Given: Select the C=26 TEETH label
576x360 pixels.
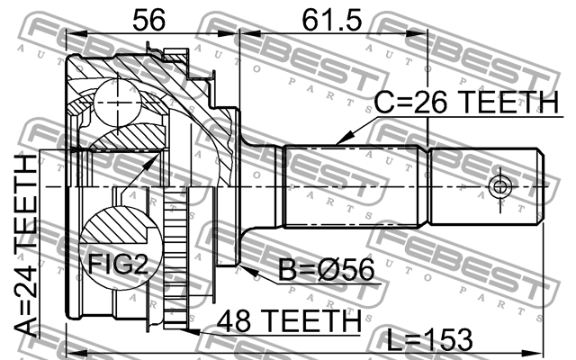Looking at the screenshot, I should click(466, 104).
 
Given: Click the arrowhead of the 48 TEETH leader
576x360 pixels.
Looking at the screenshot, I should click(193, 330).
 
